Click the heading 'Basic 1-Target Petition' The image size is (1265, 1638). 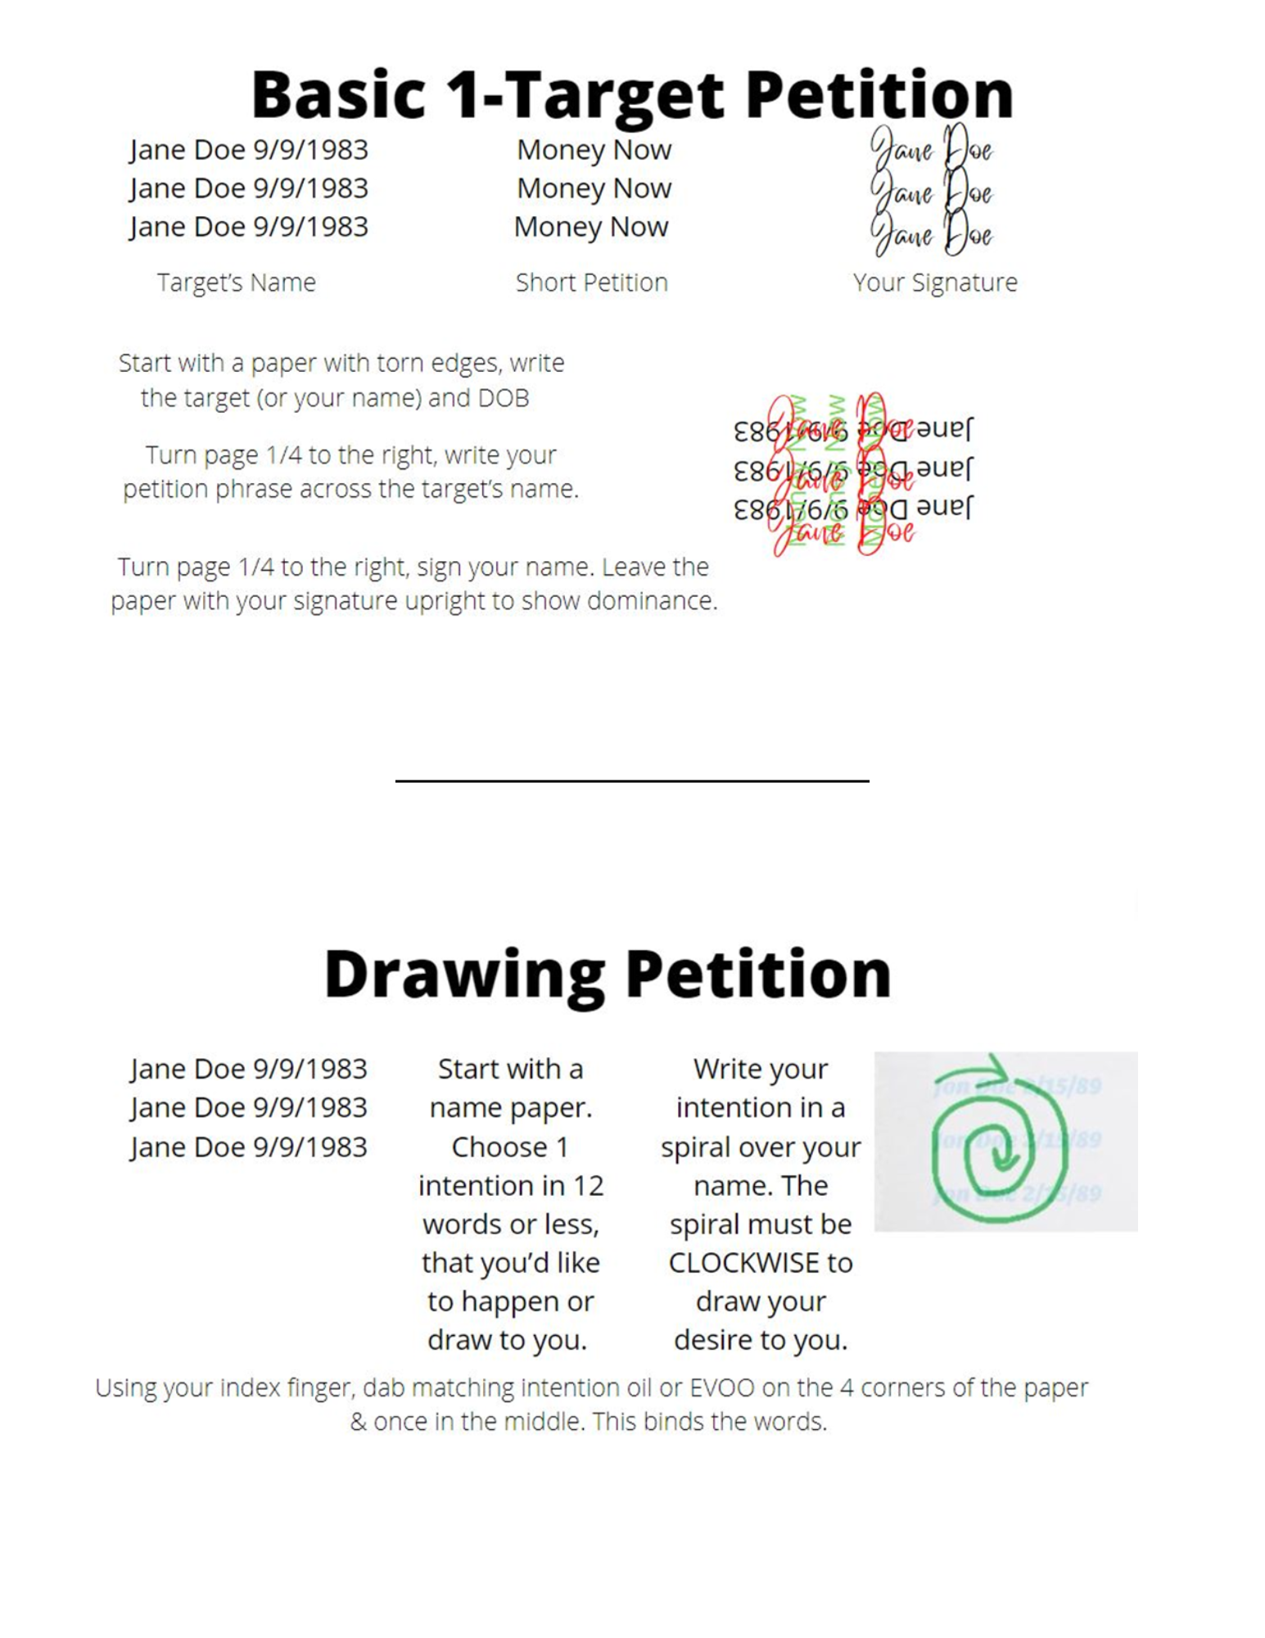(631, 94)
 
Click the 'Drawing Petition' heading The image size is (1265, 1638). (607, 974)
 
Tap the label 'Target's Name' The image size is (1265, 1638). (236, 283)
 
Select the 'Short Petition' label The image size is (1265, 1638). (591, 283)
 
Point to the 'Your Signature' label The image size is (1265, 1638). (934, 283)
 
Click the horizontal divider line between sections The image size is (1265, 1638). (631, 781)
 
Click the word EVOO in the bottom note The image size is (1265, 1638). (722, 1387)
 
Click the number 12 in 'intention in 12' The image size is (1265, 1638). (588, 1186)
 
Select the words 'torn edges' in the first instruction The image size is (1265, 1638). (431, 363)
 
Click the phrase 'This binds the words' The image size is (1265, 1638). (709, 1422)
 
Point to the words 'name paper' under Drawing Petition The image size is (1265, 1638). (509, 1107)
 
